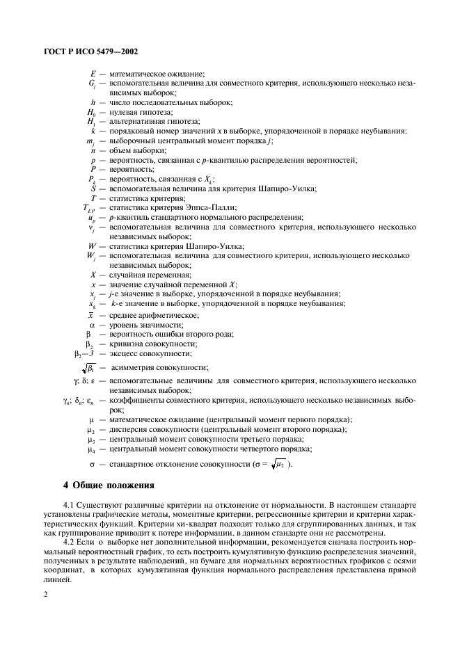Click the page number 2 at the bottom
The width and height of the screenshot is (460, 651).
pyautogui.click(x=45, y=595)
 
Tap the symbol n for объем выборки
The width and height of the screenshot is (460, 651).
pyautogui.click(x=93, y=150)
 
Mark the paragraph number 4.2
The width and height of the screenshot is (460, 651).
pyautogui.click(x=69, y=540)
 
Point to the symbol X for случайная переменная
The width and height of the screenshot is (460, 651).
pyautogui.click(x=93, y=275)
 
